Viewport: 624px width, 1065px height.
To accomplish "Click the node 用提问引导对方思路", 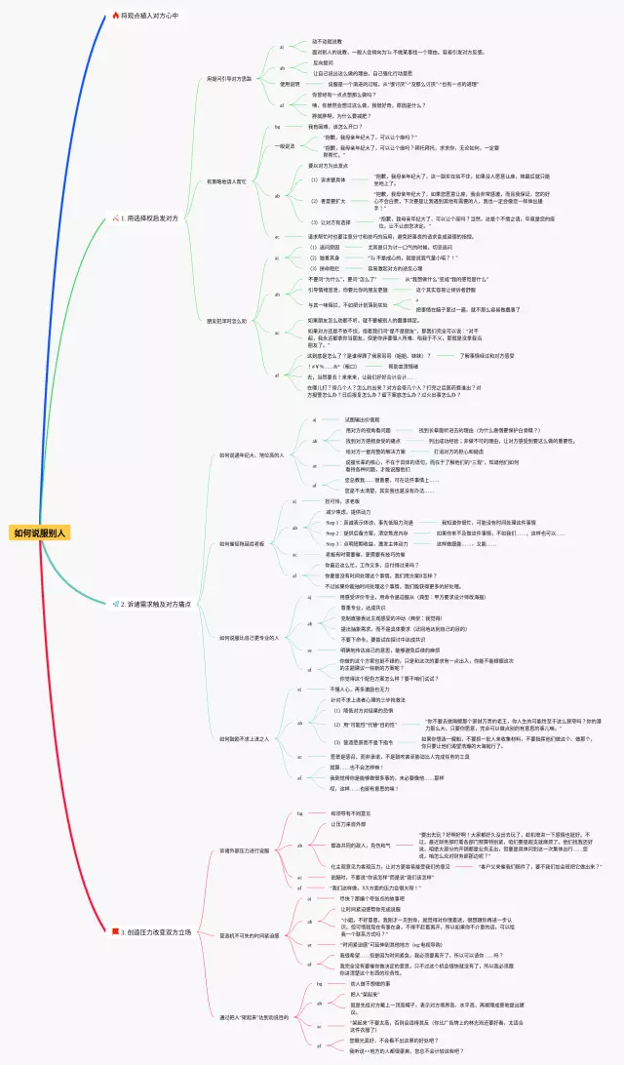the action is (x=228, y=78).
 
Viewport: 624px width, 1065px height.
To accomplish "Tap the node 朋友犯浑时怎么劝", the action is (x=226, y=320).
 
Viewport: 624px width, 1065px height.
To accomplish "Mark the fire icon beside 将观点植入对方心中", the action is (x=115, y=16).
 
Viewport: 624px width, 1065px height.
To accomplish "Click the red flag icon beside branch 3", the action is (x=115, y=932).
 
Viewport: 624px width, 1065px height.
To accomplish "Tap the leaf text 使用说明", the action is (x=290, y=84).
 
